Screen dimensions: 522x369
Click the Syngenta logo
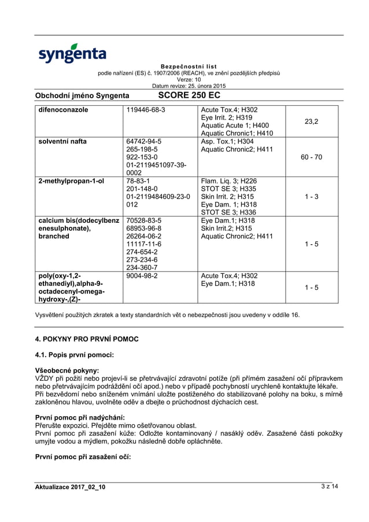[72, 53]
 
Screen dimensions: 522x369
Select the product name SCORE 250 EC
[189, 95]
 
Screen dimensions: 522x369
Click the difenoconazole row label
[63, 109]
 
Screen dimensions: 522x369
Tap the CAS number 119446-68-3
[146, 109]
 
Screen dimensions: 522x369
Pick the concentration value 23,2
[312, 121]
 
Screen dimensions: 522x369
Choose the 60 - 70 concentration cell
[312, 157]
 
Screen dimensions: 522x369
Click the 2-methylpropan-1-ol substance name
[71, 181]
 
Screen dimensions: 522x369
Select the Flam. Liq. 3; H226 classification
[228, 181]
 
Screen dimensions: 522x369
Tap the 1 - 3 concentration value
[312, 197]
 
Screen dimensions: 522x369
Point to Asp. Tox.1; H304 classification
[227, 141]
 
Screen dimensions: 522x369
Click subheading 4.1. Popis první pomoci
[75, 354]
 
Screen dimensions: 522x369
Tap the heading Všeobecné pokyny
[67, 370]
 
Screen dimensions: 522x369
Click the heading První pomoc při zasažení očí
[83, 457]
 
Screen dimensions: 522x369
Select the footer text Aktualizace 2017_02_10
[71, 487]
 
